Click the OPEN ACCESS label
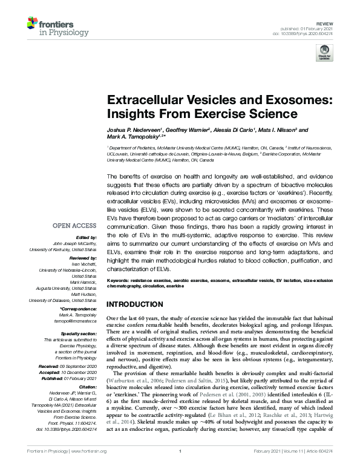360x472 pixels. tap(74, 225)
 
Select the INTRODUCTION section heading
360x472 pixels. tap(140, 304)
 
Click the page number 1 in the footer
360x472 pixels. tap(180, 468)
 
